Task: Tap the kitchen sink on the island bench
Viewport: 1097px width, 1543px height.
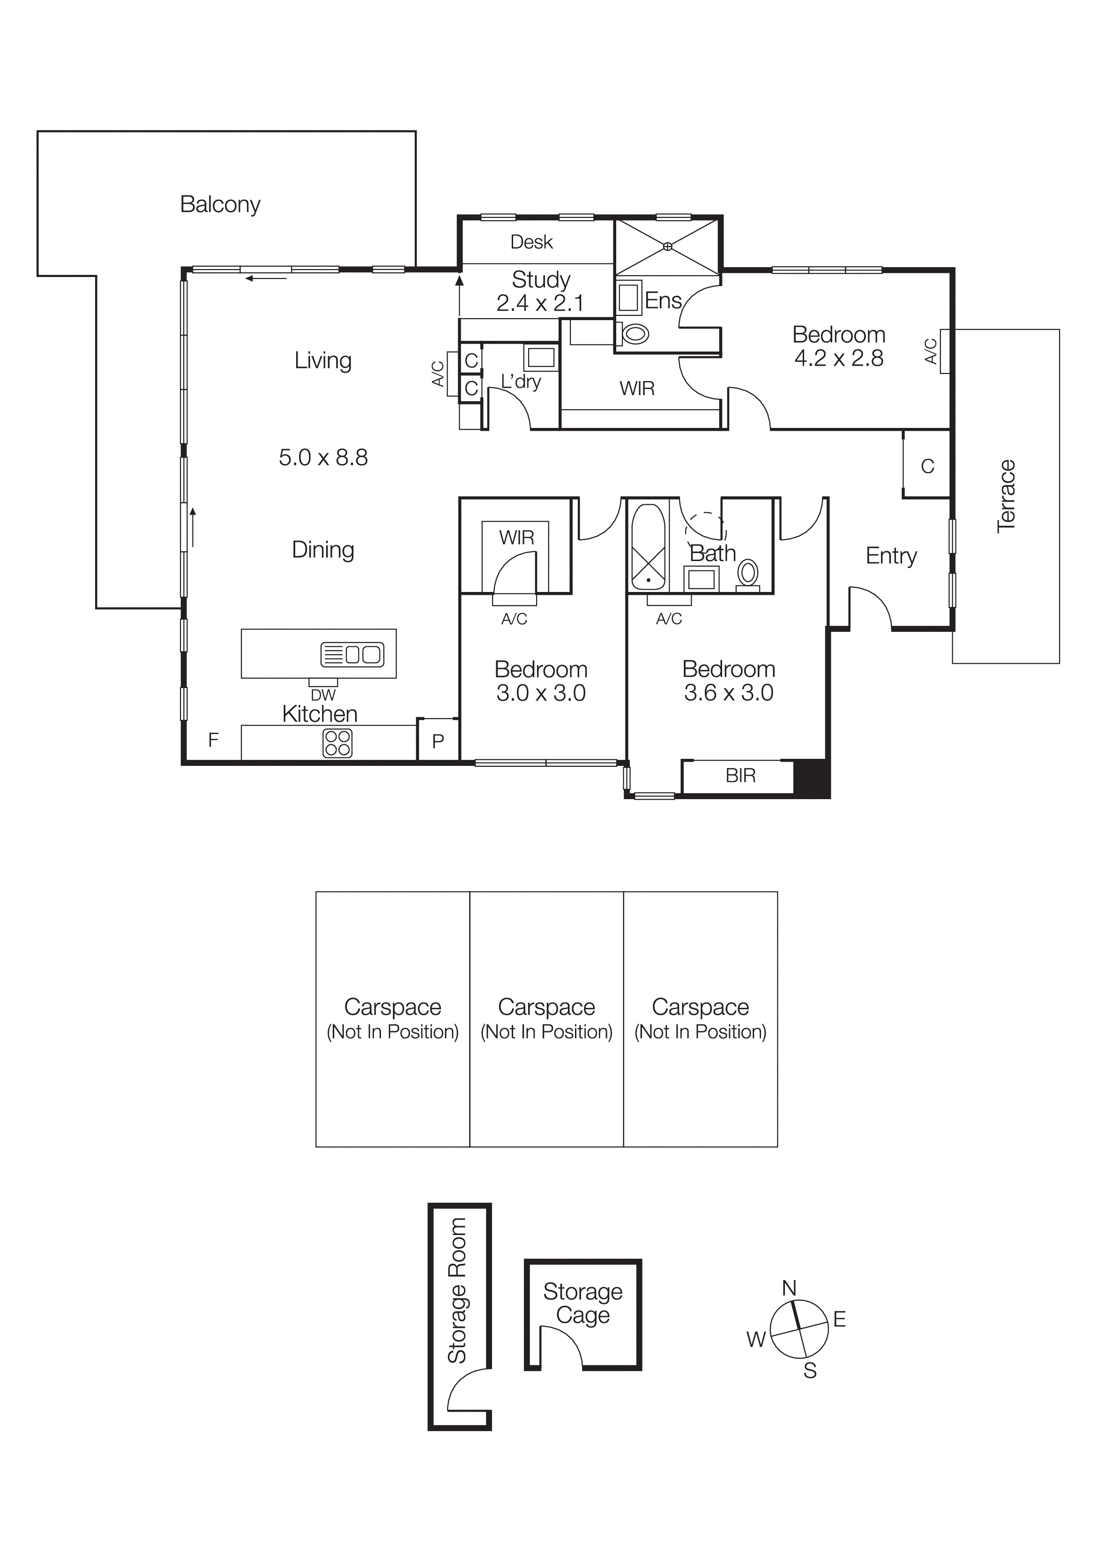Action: pyautogui.click(x=352, y=654)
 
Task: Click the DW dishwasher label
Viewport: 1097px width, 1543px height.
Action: pyautogui.click(x=323, y=695)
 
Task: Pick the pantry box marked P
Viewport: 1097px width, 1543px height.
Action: pyautogui.click(x=438, y=741)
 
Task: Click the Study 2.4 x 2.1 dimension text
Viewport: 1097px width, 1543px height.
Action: pyautogui.click(x=540, y=303)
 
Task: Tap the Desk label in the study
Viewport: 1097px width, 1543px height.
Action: pyautogui.click(x=531, y=242)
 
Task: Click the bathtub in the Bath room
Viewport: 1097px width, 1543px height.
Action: pyautogui.click(x=648, y=547)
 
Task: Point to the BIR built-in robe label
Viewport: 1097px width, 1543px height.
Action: pyautogui.click(x=740, y=776)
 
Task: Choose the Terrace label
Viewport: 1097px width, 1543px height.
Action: pyautogui.click(x=1007, y=496)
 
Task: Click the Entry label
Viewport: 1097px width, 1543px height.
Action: pyautogui.click(x=891, y=555)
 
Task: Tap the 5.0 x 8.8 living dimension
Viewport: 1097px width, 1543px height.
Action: pyautogui.click(x=323, y=457)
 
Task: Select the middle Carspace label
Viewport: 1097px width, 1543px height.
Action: pyautogui.click(x=546, y=1007)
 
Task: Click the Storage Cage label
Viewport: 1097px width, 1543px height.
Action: pyautogui.click(x=582, y=1303)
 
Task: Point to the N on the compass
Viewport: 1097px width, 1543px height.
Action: pyautogui.click(x=789, y=1288)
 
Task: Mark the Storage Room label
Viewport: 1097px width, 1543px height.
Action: pyautogui.click(x=457, y=1290)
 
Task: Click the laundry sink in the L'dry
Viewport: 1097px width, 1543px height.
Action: pyautogui.click(x=541, y=357)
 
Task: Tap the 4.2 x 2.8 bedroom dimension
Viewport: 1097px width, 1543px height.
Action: pyautogui.click(x=838, y=358)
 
